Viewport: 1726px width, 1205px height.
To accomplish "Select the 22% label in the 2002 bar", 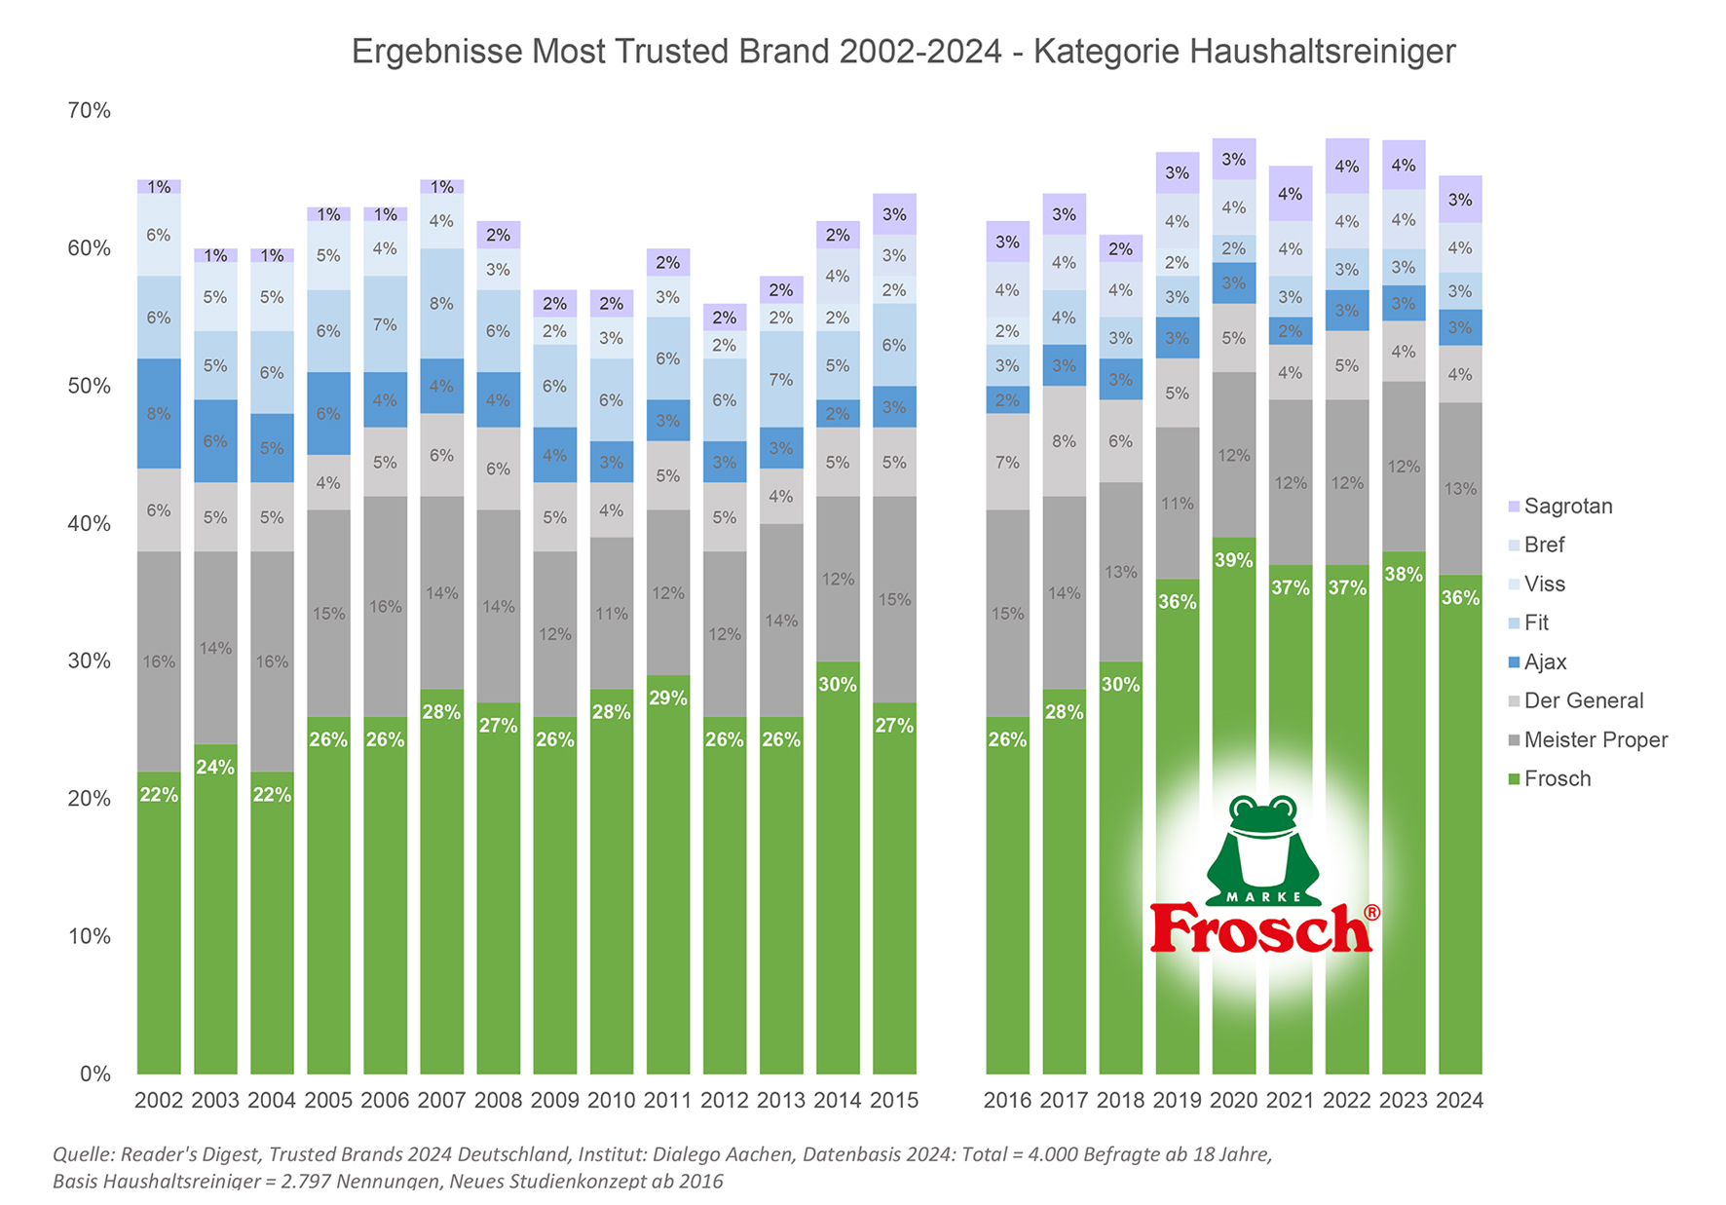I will coord(159,795).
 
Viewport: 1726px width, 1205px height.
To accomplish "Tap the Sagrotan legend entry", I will coord(1567,507).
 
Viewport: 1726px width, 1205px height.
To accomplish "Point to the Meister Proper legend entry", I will coord(1595,740).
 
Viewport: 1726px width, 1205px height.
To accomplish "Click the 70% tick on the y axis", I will coord(89,111).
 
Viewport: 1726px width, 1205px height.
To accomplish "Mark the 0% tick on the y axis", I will coord(94,1073).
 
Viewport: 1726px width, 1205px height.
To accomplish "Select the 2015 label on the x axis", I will coord(894,1101).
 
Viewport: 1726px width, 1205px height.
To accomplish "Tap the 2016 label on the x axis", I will coord(1007,1101).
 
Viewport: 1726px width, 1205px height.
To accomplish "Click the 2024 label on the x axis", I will coord(1460,1101).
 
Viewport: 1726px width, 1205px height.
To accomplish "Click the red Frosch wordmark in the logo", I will coord(1261,929).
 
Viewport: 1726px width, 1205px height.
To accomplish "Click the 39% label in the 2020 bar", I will coord(1233,560).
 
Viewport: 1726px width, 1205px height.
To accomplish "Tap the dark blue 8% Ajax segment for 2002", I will coord(159,414).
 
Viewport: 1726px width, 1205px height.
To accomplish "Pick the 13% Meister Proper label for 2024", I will coord(1460,489).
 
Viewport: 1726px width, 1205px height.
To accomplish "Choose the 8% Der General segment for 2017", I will coord(1064,441).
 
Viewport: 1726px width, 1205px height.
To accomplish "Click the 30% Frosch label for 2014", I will coord(838,685).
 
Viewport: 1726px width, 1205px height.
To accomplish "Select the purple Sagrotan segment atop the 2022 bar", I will coord(1347,167).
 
